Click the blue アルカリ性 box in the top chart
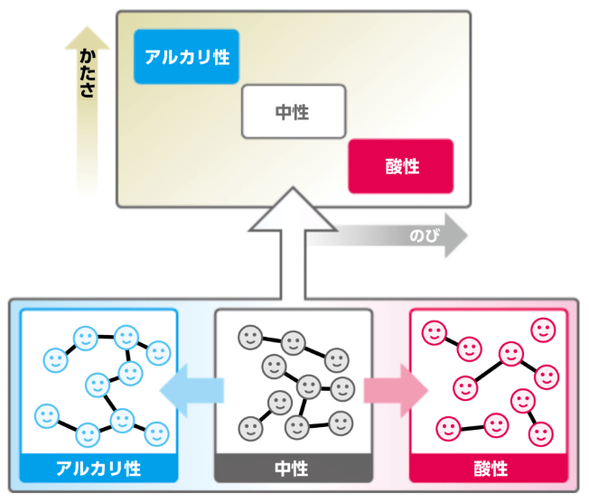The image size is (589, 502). coord(186,57)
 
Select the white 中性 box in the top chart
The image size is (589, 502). coord(294,111)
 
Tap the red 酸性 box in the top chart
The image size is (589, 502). coord(400,166)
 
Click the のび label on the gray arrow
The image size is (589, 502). coord(422,237)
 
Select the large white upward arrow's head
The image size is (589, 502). coord(293,209)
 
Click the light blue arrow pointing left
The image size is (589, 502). coord(191,391)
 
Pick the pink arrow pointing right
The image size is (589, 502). coord(396,391)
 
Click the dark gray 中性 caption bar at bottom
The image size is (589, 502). coord(293,469)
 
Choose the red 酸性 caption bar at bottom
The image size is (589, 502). coord(489,469)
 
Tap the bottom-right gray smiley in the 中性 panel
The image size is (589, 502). coord(341,422)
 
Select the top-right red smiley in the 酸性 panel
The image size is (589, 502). coord(544,330)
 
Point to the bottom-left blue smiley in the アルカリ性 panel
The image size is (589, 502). coord(45,416)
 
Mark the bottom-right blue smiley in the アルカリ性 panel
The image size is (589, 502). coord(156,433)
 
